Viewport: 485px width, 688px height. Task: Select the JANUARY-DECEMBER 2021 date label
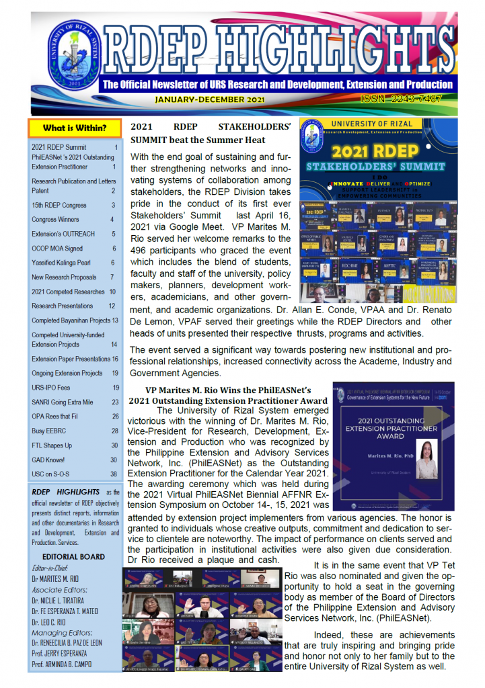click(x=209, y=99)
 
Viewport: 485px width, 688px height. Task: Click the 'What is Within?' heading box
click(x=74, y=128)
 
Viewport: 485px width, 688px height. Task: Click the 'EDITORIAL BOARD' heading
click(x=73, y=556)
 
